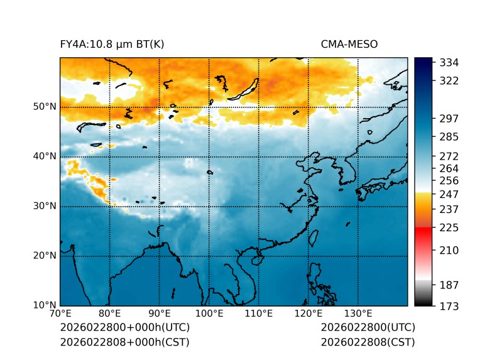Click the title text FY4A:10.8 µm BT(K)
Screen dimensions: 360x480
click(112, 44)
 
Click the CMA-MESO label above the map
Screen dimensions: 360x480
click(349, 44)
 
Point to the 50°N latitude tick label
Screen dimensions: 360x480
click(45, 107)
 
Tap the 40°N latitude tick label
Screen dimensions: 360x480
click(45, 156)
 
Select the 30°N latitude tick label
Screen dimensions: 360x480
click(45, 206)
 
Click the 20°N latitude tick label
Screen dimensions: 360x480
click(45, 256)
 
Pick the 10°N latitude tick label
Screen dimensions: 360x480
click(45, 305)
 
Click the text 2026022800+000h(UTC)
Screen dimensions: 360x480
click(124, 328)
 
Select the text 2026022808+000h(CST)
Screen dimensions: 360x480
click(124, 342)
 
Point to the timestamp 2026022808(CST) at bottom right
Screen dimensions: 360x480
click(368, 342)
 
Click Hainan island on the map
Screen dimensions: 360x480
click(256, 260)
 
